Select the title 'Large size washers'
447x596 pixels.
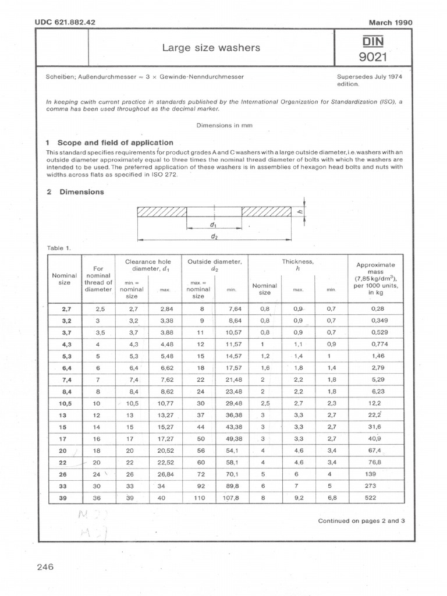click(211, 48)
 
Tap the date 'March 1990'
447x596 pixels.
click(391, 23)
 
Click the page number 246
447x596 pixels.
click(45, 567)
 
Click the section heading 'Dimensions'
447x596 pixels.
click(81, 192)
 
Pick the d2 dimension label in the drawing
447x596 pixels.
click(215, 237)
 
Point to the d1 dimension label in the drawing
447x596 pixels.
click(213, 224)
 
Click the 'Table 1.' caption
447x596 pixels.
click(59, 248)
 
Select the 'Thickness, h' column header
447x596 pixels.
click(297, 265)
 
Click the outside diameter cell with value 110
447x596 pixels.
click(200, 498)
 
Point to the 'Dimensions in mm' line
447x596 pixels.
click(223, 125)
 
